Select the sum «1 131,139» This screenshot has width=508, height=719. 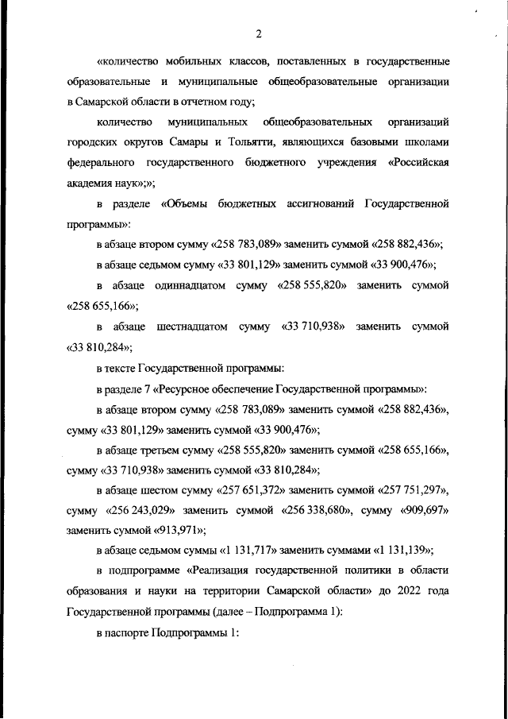click(394, 552)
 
